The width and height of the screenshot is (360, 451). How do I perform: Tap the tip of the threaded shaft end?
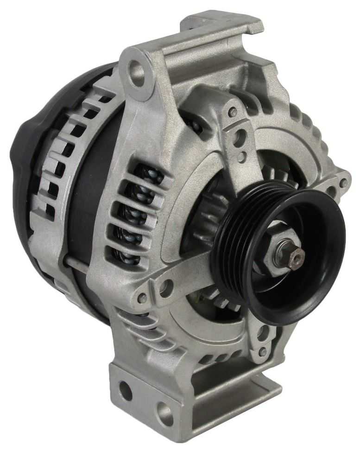coord(296,254)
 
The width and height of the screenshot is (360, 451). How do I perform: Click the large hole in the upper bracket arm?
coord(239,139)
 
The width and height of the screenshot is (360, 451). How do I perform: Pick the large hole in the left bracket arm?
coord(165,288)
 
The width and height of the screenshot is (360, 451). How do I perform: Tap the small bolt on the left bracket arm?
coord(143,297)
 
